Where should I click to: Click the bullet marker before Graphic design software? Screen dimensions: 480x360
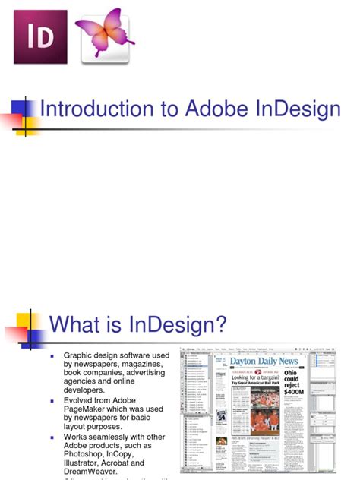[x=53, y=355]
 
